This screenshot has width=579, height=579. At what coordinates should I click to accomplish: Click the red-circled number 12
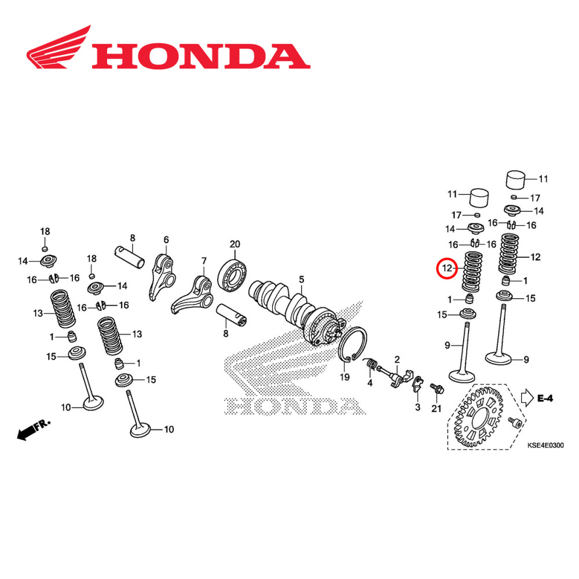click(x=446, y=269)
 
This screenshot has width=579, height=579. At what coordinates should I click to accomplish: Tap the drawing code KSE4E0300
click(x=545, y=445)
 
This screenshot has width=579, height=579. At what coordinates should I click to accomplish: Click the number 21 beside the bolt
click(x=436, y=409)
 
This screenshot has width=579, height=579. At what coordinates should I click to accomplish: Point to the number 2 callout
click(x=397, y=360)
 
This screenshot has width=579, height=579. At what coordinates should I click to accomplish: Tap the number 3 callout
click(x=417, y=408)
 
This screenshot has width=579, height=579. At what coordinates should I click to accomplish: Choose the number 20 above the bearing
click(x=234, y=244)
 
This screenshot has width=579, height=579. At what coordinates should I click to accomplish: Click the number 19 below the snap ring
click(x=345, y=378)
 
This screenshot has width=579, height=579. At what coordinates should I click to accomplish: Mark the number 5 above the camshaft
click(x=301, y=280)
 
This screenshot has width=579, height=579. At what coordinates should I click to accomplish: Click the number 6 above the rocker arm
click(x=166, y=240)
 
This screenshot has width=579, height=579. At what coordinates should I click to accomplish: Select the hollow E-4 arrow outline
click(x=526, y=397)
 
